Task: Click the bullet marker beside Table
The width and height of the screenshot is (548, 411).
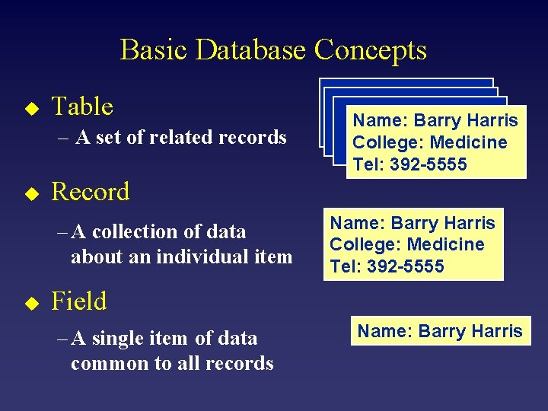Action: click(30, 109)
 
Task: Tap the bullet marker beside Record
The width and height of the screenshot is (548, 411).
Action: click(30, 194)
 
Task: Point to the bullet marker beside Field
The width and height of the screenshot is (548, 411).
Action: click(30, 304)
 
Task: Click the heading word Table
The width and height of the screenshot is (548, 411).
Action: click(82, 107)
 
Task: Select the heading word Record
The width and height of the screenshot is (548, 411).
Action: click(91, 192)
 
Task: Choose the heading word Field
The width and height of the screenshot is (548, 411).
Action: click(79, 301)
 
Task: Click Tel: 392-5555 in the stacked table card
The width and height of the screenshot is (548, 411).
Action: click(409, 164)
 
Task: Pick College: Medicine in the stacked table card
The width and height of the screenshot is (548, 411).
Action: click(429, 142)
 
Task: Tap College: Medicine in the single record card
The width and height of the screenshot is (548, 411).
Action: click(406, 244)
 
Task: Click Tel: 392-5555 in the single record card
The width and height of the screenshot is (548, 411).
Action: click(387, 266)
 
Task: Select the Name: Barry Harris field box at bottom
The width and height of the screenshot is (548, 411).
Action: click(440, 331)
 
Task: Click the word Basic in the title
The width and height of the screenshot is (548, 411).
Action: click(155, 50)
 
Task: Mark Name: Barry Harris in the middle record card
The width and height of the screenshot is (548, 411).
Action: click(413, 223)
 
